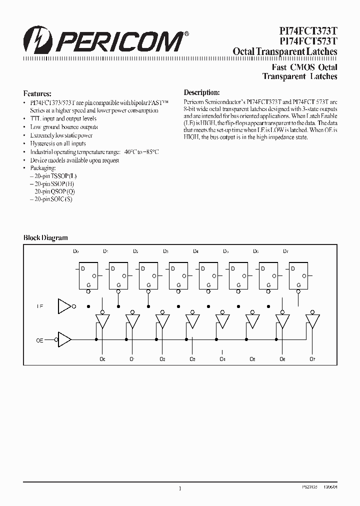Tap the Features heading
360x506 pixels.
point(37,93)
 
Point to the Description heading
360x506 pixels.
point(201,92)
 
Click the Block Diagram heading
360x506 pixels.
point(45,238)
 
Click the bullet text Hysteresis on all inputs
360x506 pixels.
point(57,143)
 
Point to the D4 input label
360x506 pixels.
point(195,251)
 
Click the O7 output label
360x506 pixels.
point(313,359)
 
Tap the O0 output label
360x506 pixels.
point(102,359)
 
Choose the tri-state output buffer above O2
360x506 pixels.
point(162,320)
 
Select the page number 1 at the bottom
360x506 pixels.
point(179,489)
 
